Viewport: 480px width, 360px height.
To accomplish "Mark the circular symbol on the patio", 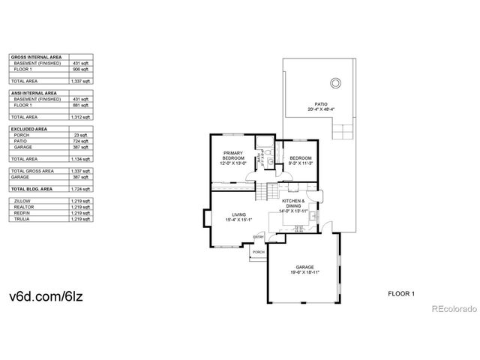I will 335,82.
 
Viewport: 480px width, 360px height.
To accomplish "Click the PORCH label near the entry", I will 258,253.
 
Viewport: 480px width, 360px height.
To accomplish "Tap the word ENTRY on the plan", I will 258,238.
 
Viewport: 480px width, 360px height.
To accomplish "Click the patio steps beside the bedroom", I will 341,132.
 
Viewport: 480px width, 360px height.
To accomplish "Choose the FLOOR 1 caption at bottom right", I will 401,295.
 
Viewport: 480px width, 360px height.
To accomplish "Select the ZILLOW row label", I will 22,201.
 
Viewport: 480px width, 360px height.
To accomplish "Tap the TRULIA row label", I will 22,219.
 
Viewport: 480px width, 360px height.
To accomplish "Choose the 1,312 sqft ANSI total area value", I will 81,118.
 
